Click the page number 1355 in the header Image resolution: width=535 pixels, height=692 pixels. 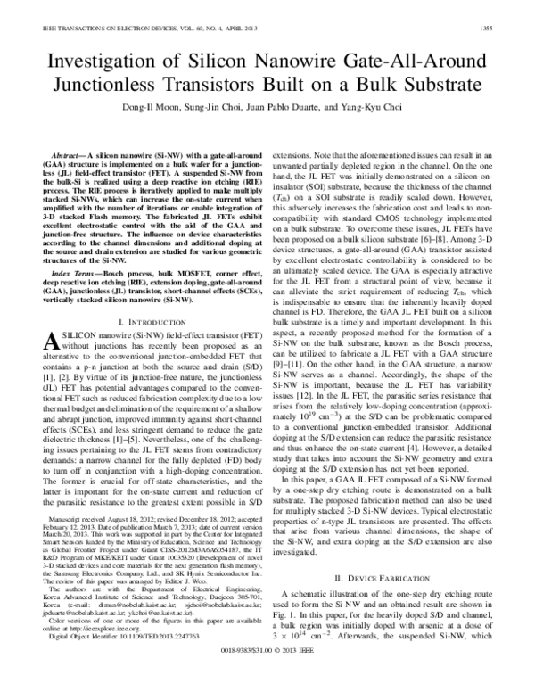[505, 29]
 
